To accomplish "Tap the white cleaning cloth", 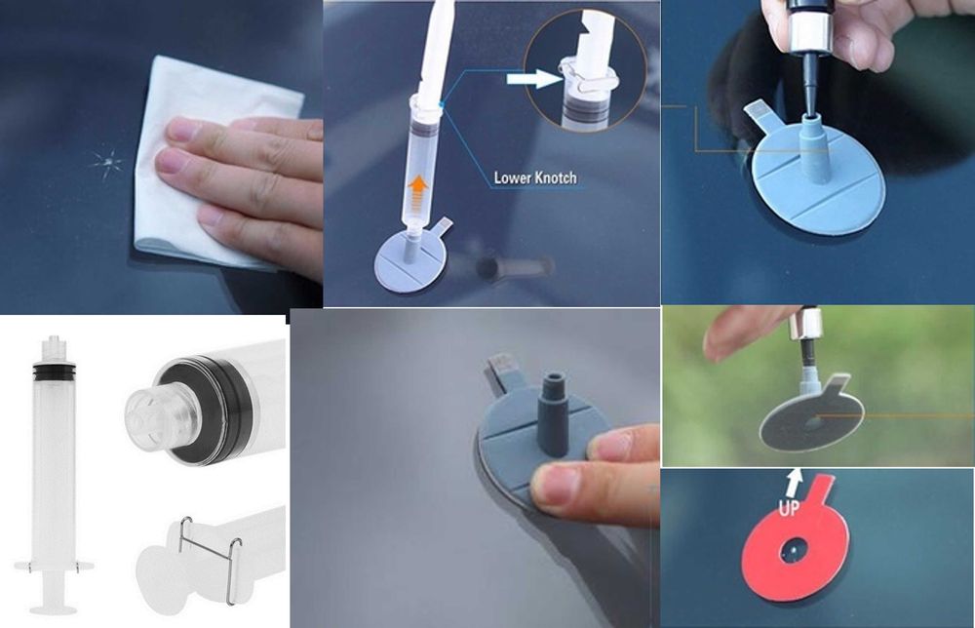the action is tap(205, 162).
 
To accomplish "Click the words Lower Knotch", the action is tap(534, 178).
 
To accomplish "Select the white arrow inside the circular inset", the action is tap(534, 79).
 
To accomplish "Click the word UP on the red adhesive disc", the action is tap(789, 508).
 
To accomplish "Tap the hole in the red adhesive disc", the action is tap(795, 550).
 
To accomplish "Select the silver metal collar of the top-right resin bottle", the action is tap(806, 31).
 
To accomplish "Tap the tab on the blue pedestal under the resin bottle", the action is tap(759, 115).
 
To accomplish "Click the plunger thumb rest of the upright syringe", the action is tap(54, 608).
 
